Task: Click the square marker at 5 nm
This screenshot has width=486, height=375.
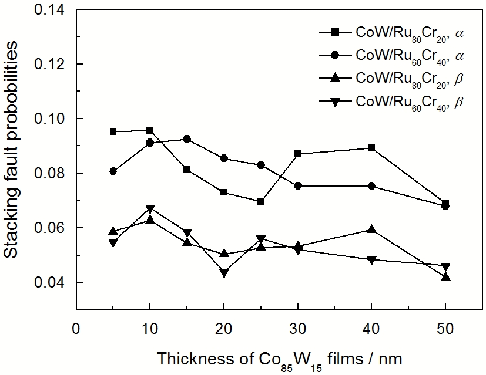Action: pos(113,131)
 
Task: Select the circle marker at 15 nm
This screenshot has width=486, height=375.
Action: pos(187,139)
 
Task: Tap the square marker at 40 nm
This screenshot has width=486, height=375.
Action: pos(371,148)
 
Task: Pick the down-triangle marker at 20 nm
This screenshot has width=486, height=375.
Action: pos(224,273)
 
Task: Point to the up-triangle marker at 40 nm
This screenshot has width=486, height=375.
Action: pos(371,229)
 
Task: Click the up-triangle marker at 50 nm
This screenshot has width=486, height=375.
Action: pos(445,276)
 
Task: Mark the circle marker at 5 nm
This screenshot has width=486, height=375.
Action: pos(113,171)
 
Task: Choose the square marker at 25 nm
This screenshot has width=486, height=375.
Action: pos(261,201)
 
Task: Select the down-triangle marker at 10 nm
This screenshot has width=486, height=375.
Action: pos(150,209)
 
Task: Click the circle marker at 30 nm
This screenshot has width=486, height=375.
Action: pos(298,185)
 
